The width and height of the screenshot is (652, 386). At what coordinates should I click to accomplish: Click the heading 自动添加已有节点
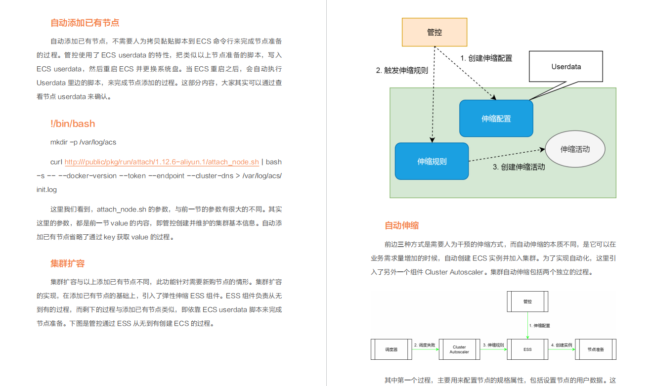[85, 23]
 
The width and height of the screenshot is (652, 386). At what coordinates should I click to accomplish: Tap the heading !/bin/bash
[73, 124]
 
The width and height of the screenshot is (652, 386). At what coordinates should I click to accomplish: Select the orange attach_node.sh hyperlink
[162, 162]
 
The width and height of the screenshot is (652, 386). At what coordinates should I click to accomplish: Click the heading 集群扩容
[68, 263]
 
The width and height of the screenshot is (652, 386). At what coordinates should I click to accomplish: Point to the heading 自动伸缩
[402, 225]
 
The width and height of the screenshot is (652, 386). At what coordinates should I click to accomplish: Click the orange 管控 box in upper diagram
[434, 32]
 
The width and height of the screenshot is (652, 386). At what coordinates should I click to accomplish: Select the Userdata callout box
[566, 66]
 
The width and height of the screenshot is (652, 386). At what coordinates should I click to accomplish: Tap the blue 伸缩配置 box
[496, 119]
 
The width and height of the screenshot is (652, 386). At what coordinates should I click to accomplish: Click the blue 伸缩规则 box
[432, 161]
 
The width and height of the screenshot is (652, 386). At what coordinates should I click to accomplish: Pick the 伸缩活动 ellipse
[575, 149]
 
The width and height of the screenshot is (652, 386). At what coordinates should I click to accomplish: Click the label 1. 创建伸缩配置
[486, 58]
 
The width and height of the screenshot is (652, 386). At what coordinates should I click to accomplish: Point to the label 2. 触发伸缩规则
[402, 70]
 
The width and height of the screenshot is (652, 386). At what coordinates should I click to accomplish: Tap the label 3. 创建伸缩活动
[519, 167]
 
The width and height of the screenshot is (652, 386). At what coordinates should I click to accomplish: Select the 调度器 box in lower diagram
[391, 349]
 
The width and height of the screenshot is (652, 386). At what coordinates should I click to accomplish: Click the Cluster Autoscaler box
[459, 349]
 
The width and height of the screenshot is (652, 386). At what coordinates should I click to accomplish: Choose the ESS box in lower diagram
[527, 349]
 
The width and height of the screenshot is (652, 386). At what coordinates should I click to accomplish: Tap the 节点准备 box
[596, 349]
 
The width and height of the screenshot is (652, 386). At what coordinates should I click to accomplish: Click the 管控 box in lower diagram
[527, 301]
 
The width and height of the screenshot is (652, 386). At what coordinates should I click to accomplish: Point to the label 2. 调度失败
[425, 344]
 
